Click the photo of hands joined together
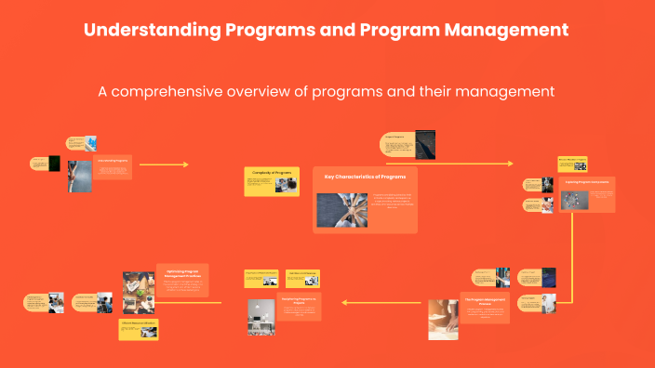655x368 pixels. coord(342,209)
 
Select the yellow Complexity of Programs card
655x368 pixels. coord(272,181)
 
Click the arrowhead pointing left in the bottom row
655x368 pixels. coord(345,301)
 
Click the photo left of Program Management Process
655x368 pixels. coord(443,319)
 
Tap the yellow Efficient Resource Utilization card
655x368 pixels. coord(138,326)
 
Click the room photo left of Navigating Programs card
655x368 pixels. coord(261,317)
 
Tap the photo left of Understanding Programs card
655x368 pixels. coord(80,176)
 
